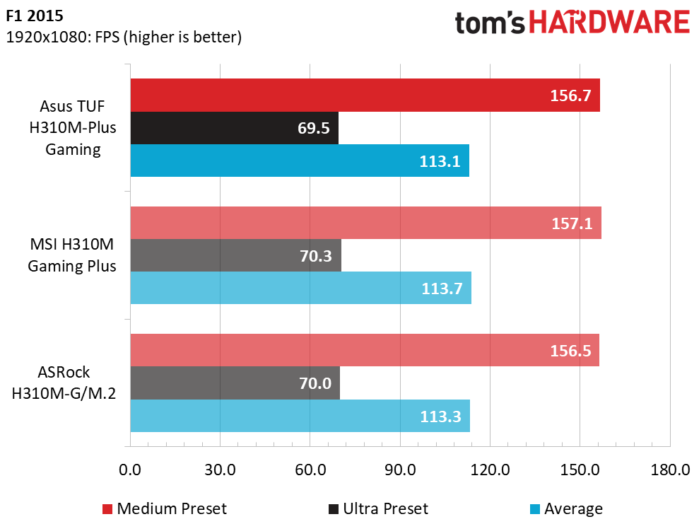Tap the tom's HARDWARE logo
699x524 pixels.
click(x=572, y=23)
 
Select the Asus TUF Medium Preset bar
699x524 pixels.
click(x=365, y=95)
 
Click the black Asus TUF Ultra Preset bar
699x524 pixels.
click(x=234, y=128)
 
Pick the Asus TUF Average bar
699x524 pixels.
click(x=300, y=161)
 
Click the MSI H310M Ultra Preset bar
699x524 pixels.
click(x=235, y=255)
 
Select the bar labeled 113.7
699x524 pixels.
click(x=300, y=288)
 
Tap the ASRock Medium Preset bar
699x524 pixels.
click(x=364, y=350)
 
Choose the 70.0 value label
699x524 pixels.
click(x=315, y=383)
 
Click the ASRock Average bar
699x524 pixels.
click(x=300, y=416)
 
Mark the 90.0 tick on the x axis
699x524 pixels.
click(x=400, y=469)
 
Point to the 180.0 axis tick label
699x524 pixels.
click(x=669, y=469)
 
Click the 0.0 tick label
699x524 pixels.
click(x=130, y=469)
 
